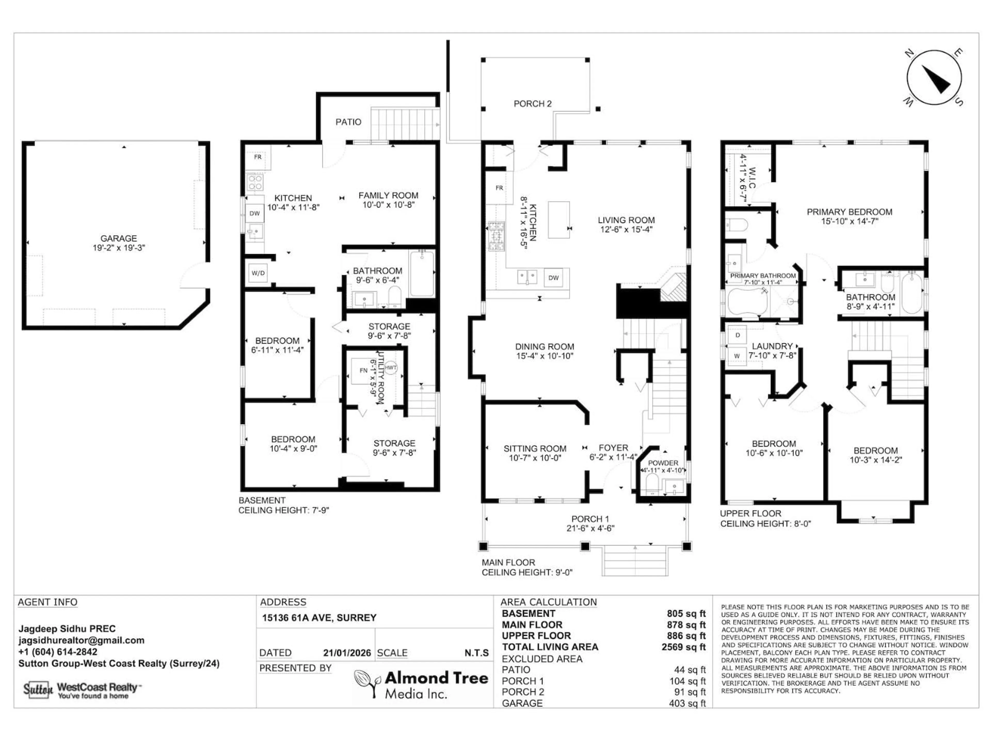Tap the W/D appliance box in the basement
(x=258, y=273)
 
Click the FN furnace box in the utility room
(x=363, y=370)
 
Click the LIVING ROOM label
(x=626, y=220)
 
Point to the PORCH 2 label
(x=532, y=103)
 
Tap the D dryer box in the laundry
(x=737, y=335)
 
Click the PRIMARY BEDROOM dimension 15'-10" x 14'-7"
(x=849, y=221)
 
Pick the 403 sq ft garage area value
(x=687, y=703)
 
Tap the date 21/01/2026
(x=347, y=653)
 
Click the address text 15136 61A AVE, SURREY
(x=319, y=618)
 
